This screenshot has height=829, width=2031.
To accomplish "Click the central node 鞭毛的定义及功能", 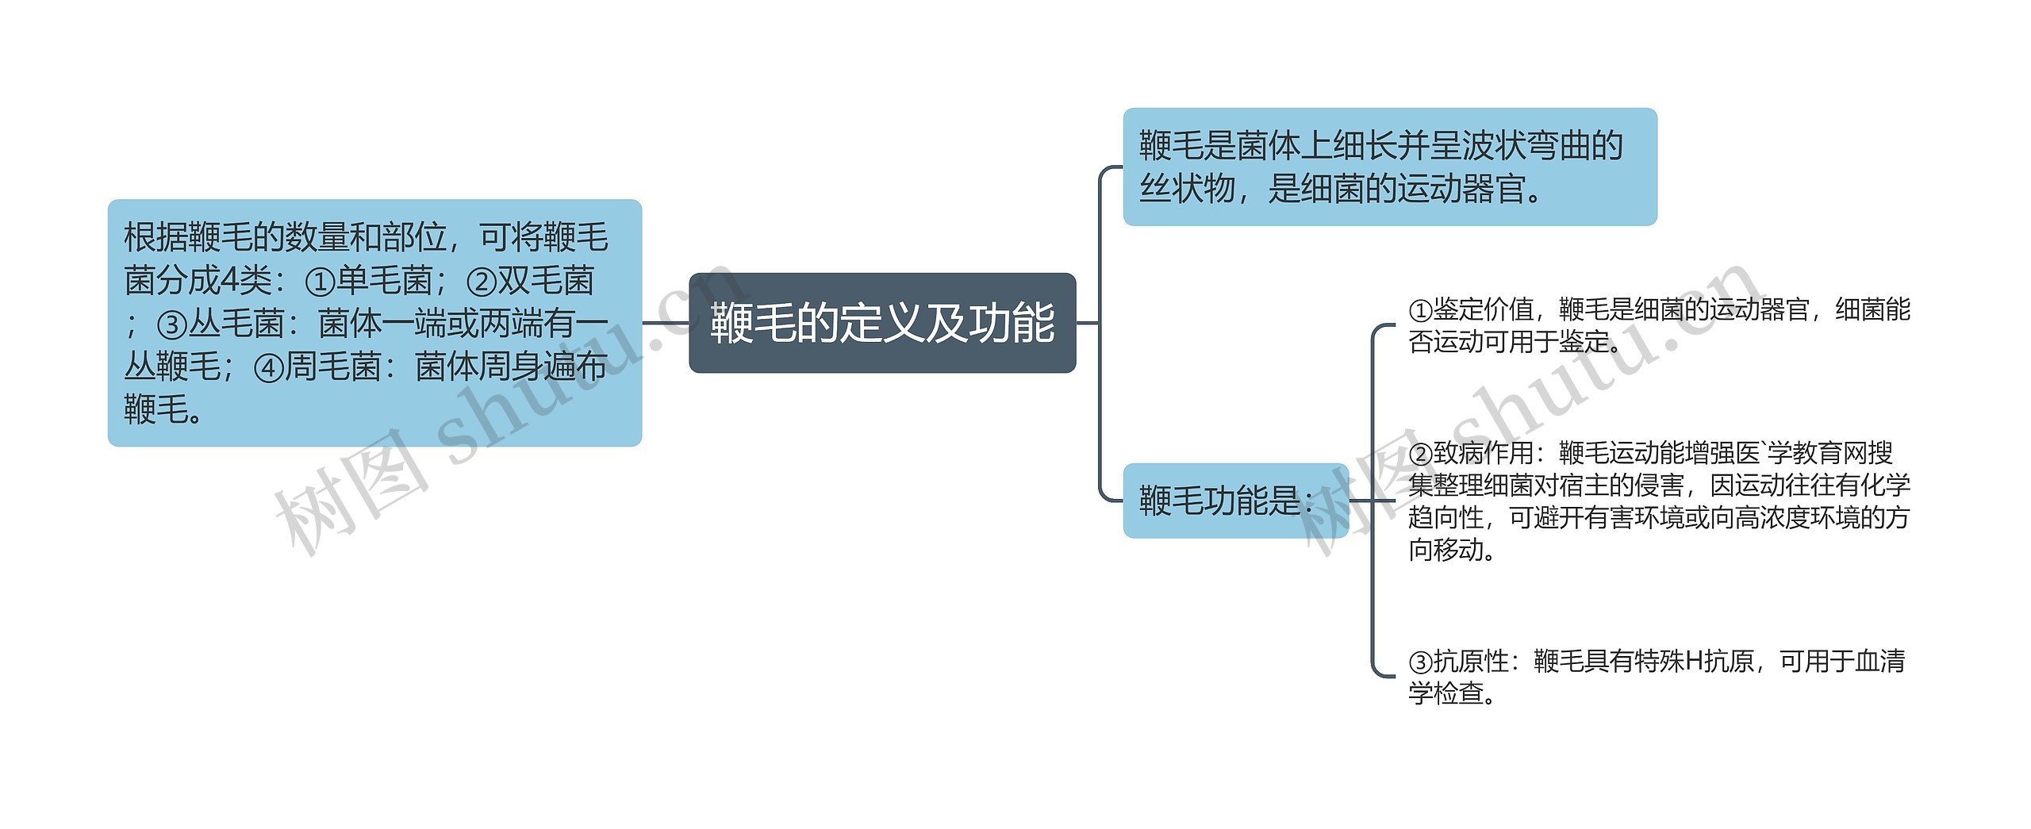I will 881,323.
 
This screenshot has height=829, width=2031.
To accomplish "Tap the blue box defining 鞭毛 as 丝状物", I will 1389,167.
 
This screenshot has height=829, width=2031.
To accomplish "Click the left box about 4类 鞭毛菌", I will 374,322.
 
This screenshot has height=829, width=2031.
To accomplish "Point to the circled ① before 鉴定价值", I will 1420,309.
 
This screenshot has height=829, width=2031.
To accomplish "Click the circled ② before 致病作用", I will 1420,454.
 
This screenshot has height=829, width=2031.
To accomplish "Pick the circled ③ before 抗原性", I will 1420,662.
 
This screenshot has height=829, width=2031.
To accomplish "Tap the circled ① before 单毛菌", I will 320,282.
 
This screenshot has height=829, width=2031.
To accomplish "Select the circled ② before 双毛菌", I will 481,282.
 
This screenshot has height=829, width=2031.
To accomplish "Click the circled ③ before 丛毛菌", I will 171,324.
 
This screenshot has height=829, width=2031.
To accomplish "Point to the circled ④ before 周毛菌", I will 268,367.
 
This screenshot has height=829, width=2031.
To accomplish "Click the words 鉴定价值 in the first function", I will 1483,309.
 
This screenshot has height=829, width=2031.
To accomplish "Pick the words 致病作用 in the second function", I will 1483,454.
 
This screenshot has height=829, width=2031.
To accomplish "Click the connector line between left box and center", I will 665,323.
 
